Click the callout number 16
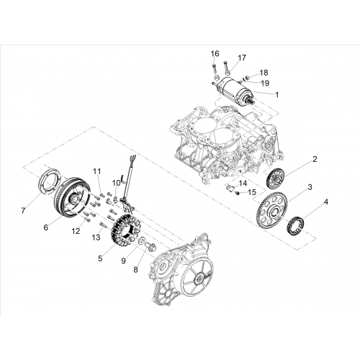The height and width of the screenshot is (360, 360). (x=215, y=53)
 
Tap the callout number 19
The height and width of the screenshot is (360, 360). (x=265, y=84)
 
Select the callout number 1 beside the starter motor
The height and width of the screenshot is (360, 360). (x=277, y=95)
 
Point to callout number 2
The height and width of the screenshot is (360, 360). (x=315, y=159)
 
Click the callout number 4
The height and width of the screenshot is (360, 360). (x=325, y=202)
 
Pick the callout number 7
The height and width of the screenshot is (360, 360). (x=23, y=211)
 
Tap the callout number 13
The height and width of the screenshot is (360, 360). (x=96, y=238)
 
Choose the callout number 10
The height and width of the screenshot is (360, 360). (x=117, y=183)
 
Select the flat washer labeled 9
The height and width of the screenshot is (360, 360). (x=142, y=240)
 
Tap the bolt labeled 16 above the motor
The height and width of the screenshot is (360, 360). (x=214, y=68)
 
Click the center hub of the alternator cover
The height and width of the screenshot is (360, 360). (x=199, y=279)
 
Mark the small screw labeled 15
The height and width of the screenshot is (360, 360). (x=238, y=193)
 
